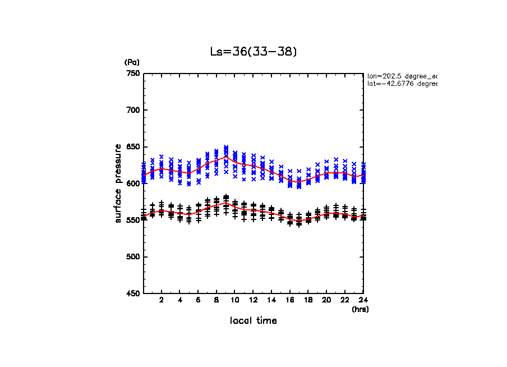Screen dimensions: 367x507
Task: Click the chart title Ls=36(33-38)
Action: click(x=253, y=52)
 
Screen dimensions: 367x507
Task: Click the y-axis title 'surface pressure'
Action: click(x=118, y=183)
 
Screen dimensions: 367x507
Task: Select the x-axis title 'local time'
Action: click(x=253, y=321)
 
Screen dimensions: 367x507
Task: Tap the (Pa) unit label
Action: click(x=132, y=62)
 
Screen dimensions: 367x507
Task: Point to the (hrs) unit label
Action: click(x=359, y=309)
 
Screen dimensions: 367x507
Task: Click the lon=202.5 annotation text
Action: click(x=402, y=76)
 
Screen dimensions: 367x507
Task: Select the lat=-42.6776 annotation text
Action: click(x=402, y=84)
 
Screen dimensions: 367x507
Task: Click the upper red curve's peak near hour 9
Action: click(x=226, y=157)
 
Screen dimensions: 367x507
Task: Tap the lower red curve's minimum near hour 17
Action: click(x=299, y=220)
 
